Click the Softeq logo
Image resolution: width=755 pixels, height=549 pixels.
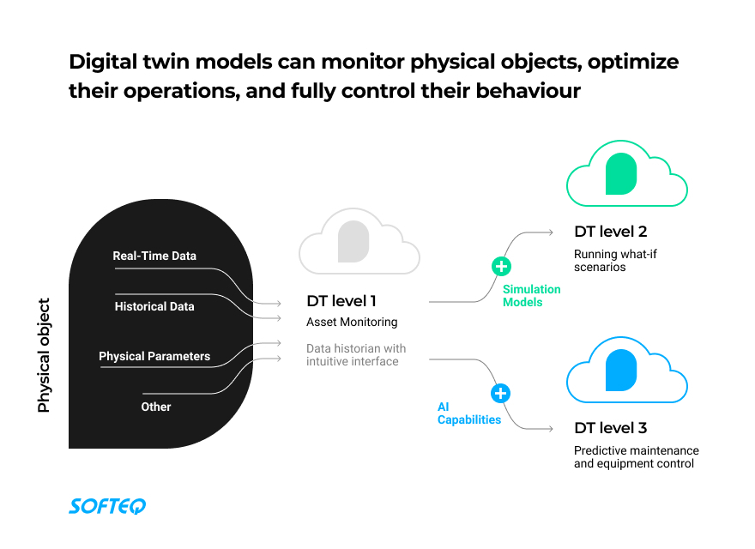[x=107, y=506]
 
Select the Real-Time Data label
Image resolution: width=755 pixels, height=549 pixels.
[x=154, y=256]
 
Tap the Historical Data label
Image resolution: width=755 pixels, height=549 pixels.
[x=154, y=306]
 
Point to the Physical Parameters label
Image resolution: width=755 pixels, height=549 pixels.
[x=154, y=356]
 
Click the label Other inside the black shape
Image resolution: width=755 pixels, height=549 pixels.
[x=156, y=407]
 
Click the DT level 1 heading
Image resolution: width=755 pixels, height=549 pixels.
[x=341, y=301]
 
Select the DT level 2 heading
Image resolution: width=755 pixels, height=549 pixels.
[x=610, y=232]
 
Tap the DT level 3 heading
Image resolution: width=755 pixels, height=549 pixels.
[x=610, y=428]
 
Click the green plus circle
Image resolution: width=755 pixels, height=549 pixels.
[x=501, y=266]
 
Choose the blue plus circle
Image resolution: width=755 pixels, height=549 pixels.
[x=501, y=394]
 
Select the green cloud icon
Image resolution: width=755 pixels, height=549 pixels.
[x=626, y=175]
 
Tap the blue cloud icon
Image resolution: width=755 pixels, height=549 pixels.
[x=626, y=371]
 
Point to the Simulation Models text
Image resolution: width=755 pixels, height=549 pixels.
[x=532, y=296]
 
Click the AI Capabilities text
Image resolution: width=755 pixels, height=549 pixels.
[x=468, y=413]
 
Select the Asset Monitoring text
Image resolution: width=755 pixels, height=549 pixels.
[x=352, y=323]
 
